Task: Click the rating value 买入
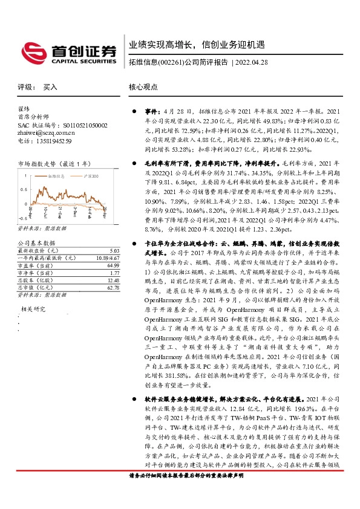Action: (50, 87)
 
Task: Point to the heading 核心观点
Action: (143, 87)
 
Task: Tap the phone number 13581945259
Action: (54, 140)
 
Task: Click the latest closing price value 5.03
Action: (114, 250)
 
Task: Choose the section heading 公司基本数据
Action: (36, 242)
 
